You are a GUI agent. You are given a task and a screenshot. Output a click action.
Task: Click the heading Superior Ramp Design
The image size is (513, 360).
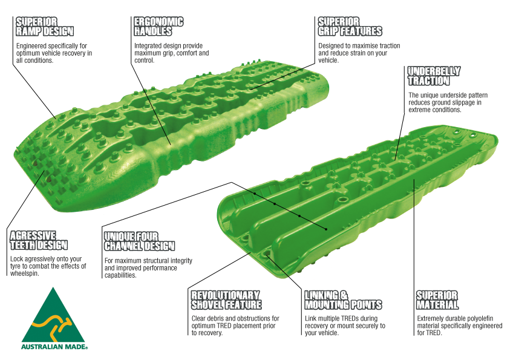(x=45, y=27)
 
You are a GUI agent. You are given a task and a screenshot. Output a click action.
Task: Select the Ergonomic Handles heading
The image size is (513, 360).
(x=158, y=26)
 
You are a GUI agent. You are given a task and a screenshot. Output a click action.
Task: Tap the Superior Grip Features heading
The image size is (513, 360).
(x=350, y=27)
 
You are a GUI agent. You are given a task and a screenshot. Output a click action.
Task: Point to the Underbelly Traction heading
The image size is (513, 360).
(x=434, y=76)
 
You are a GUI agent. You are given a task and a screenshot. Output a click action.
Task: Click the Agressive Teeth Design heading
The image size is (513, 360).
(x=39, y=240)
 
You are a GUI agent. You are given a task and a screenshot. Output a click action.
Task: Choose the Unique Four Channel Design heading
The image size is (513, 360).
(x=139, y=241)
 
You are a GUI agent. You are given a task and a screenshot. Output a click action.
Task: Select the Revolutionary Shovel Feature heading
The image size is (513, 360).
(x=226, y=300)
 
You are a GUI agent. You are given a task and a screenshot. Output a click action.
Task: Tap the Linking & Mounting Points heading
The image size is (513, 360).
(x=343, y=300)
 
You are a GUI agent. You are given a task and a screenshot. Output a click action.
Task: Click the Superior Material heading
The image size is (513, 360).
(x=437, y=300)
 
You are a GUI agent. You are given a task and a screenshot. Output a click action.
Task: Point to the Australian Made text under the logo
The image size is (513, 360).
(x=54, y=347)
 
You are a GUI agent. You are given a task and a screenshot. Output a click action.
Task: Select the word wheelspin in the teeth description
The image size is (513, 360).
(x=25, y=273)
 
